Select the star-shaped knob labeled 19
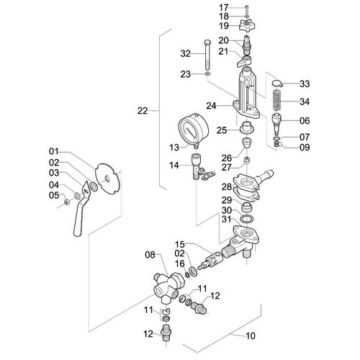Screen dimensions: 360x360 click(x=247, y=25)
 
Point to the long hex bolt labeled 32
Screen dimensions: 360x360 click(x=207, y=55)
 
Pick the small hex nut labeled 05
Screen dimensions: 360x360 click(x=68, y=202)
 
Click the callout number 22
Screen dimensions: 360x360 click(x=143, y=111)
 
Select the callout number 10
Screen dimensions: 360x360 click(x=250, y=336)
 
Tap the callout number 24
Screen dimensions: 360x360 click(x=211, y=106)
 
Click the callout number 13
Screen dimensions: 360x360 click(x=174, y=148)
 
